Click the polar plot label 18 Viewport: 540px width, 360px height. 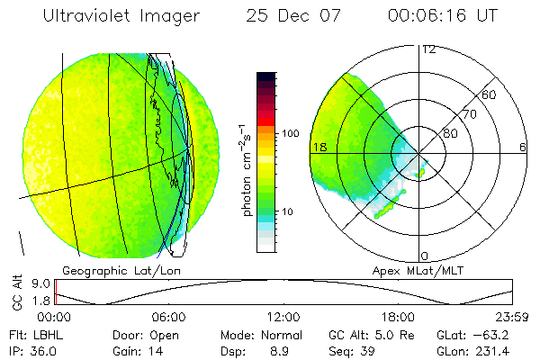tap(319, 147)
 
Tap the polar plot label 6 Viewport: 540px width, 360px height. tap(522, 147)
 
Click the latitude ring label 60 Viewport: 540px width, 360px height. tap(490, 94)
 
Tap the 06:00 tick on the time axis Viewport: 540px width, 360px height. tap(168, 317)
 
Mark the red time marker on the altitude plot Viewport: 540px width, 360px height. tap(56, 292)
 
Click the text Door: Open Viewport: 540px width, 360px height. tap(139, 335)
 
